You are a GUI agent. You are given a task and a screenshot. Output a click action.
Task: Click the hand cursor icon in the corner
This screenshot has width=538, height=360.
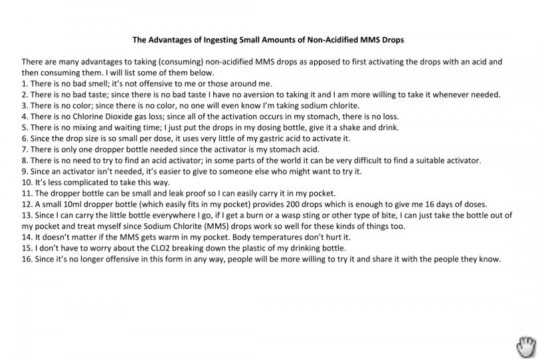(525, 346)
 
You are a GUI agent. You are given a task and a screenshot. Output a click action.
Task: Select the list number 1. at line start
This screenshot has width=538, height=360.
(25, 84)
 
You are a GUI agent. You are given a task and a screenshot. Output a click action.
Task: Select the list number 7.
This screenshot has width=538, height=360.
(25, 149)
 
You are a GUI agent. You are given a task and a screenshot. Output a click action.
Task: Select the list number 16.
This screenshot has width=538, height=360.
(27, 258)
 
